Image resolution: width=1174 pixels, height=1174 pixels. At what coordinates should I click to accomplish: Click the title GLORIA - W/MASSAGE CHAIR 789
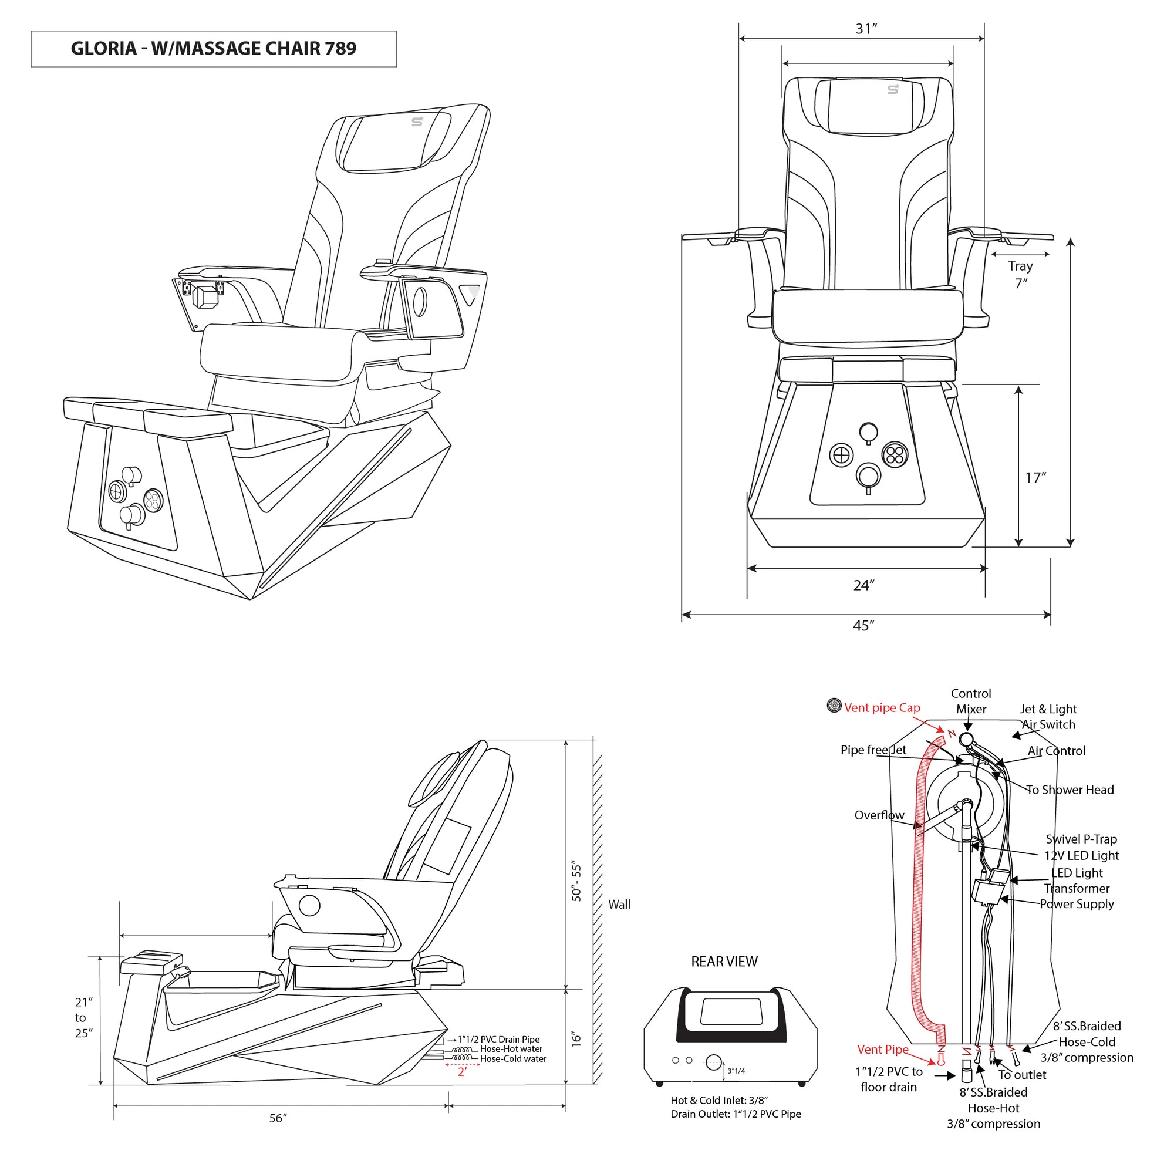213,49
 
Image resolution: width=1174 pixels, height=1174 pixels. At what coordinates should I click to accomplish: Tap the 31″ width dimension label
866,29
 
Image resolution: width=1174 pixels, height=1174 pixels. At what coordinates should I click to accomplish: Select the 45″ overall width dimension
863,626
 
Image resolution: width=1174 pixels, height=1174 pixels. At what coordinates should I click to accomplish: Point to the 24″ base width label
863,585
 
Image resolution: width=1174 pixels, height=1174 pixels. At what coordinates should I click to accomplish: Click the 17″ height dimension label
1035,478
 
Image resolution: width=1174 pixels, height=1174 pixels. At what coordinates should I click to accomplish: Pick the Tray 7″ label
1020,275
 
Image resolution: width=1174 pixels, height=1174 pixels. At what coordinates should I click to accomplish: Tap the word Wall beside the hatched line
619,904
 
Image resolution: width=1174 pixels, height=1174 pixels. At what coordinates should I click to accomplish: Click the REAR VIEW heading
724,962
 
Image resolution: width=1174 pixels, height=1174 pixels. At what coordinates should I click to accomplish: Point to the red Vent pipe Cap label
882,708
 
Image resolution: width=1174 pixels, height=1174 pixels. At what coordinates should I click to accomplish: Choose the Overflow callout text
879,815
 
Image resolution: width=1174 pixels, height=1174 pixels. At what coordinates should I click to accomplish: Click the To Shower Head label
1070,790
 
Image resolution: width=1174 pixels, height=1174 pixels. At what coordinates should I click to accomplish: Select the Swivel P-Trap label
1081,839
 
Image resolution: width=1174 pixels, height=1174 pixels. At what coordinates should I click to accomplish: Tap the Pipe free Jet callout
873,750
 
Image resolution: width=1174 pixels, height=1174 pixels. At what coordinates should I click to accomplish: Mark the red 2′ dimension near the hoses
462,1072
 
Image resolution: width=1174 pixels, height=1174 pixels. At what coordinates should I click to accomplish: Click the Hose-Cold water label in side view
513,1059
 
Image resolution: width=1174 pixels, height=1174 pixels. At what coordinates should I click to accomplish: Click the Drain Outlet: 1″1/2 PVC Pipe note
736,1114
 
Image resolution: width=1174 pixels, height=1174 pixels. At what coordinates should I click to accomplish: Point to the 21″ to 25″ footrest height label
83,1017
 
